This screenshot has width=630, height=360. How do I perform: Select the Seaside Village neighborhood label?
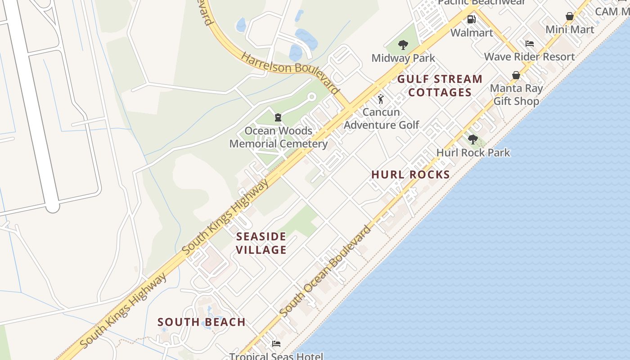(261, 243)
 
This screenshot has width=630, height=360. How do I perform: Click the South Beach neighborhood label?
(202, 322)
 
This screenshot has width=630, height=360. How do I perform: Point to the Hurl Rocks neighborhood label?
(410, 175)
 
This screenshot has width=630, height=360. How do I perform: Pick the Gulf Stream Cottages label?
(440, 86)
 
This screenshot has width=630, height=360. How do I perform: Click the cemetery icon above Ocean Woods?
(278, 118)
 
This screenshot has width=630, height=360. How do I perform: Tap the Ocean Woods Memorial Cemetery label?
(279, 137)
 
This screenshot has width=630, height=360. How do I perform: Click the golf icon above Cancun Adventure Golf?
(381, 99)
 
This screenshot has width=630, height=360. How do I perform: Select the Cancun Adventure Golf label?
(382, 118)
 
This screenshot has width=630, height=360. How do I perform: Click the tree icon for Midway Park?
(403, 45)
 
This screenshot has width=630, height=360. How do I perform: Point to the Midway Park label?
(403, 58)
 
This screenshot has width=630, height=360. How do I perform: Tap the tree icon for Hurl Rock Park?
(472, 139)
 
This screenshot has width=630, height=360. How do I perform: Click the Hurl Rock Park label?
(473, 153)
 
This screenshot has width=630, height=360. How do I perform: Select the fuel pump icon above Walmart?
(472, 19)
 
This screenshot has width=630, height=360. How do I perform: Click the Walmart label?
(472, 33)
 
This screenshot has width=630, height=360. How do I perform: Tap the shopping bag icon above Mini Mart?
(570, 17)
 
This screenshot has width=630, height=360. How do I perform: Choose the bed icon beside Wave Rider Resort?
(530, 44)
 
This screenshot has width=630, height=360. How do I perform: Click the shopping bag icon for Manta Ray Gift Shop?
(516, 75)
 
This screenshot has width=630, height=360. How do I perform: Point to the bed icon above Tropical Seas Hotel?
(276, 344)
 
